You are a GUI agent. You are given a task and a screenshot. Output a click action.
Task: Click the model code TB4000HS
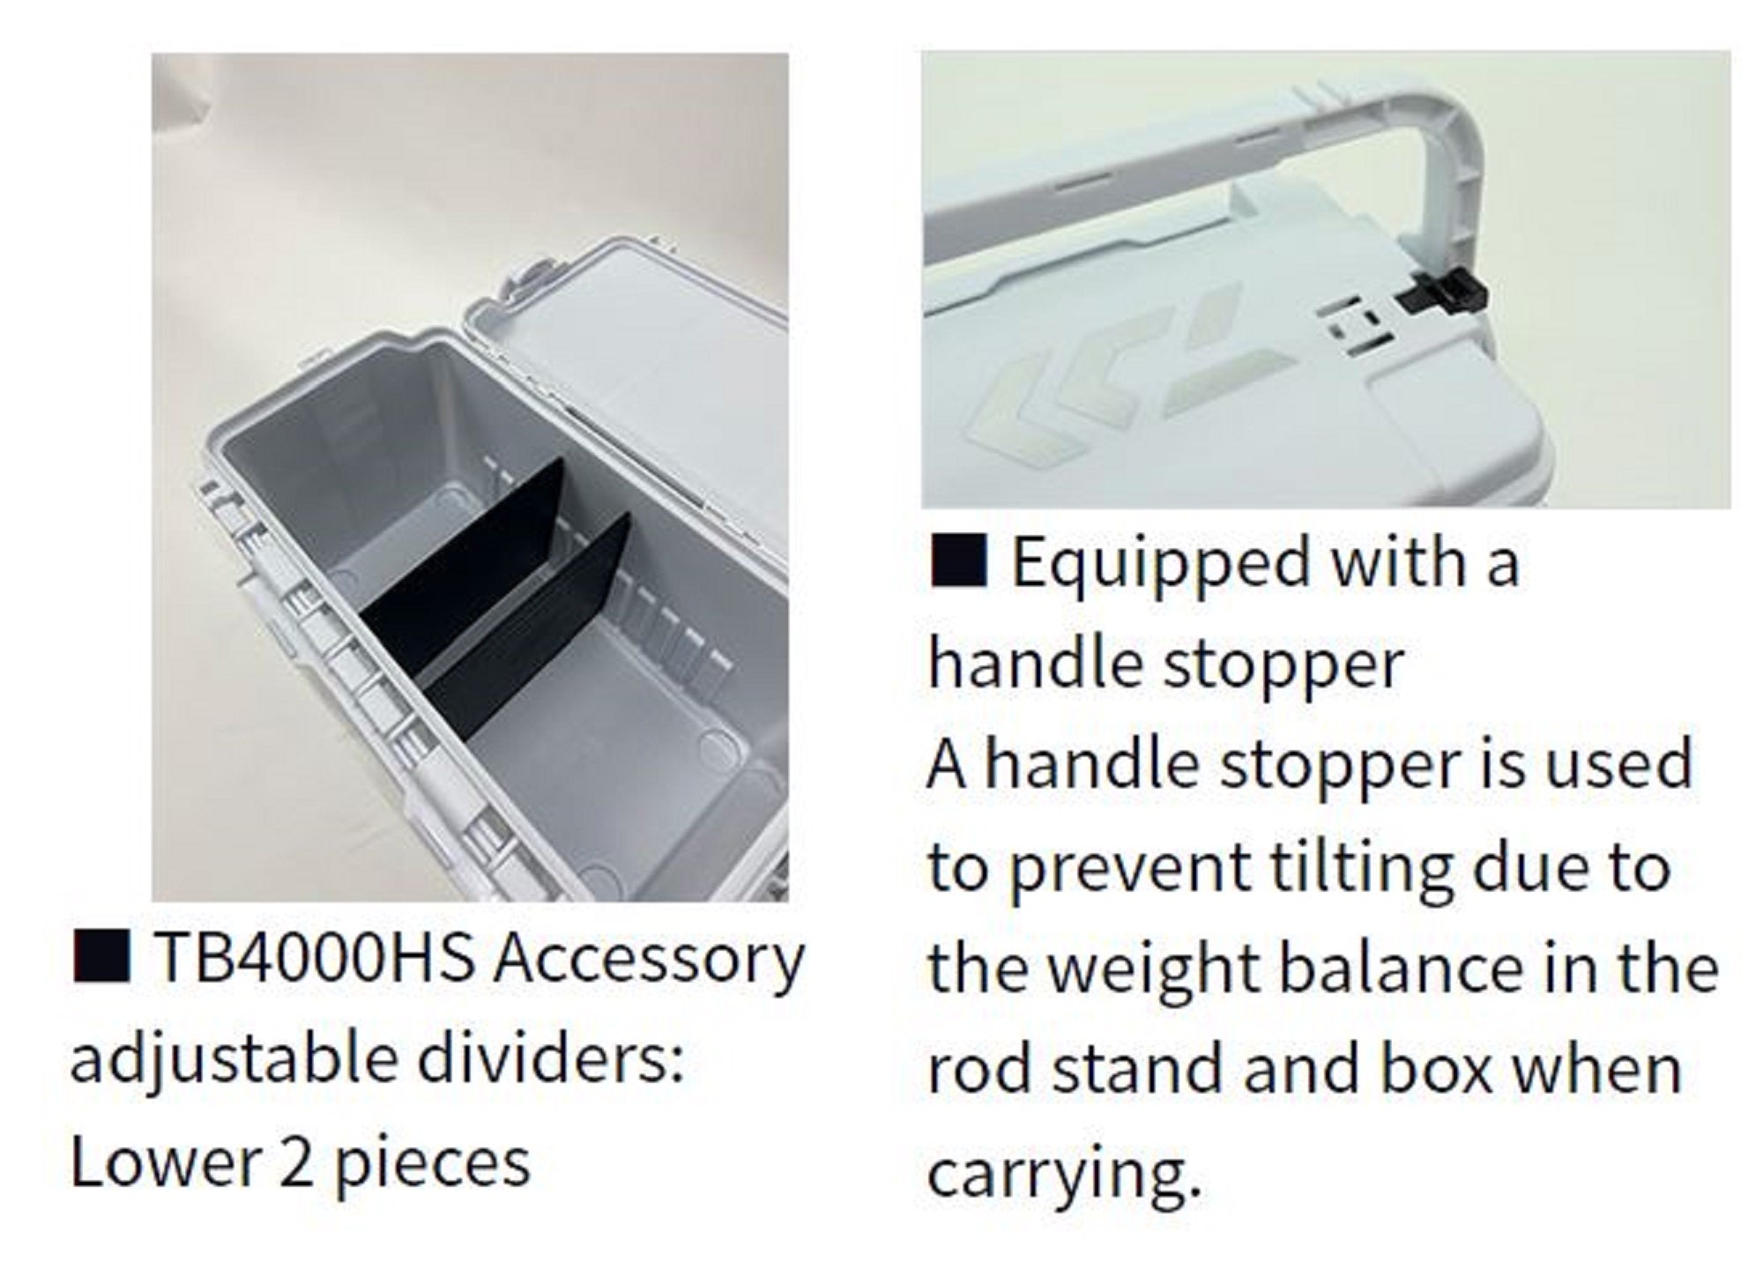313,960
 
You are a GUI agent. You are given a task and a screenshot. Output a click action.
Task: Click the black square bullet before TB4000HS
102,958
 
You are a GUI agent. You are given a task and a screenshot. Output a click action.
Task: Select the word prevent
1129,867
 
